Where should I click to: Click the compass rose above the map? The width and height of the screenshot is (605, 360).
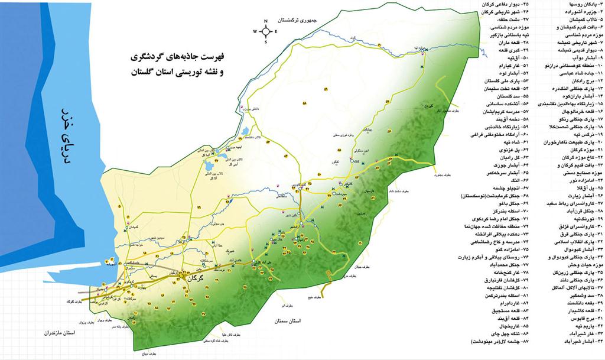[266, 31]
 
